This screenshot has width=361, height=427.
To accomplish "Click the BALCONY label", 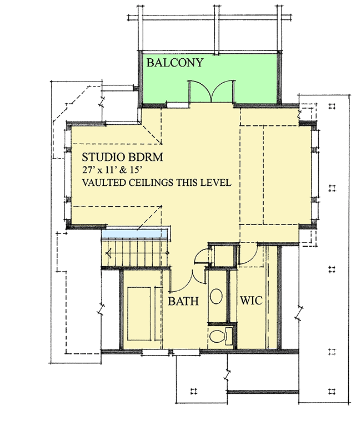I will pyautogui.click(x=174, y=63).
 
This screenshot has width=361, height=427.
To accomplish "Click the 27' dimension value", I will pyautogui.click(x=89, y=170).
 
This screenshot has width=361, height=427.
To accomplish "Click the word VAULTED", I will pyautogui.click(x=104, y=183).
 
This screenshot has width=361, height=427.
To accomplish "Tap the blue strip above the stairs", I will pyautogui.click(x=135, y=233).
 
